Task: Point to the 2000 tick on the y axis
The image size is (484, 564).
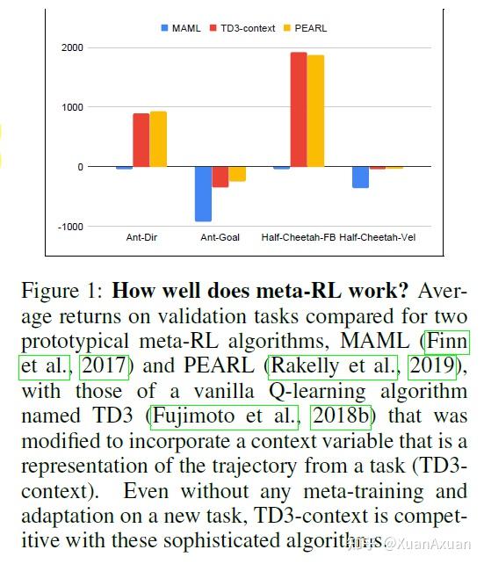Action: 70,47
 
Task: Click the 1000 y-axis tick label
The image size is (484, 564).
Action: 70,107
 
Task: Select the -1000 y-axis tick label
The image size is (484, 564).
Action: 69,227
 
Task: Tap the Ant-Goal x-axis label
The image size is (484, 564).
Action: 220,238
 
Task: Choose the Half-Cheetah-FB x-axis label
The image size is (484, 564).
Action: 299,238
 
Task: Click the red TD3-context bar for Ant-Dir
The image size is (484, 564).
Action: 141,140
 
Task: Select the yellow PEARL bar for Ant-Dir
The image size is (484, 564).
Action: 158,139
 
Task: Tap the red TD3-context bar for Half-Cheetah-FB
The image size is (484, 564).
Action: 299,110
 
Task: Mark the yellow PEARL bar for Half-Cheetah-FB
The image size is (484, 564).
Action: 315,111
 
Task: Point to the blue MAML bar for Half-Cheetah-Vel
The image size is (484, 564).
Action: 360,177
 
